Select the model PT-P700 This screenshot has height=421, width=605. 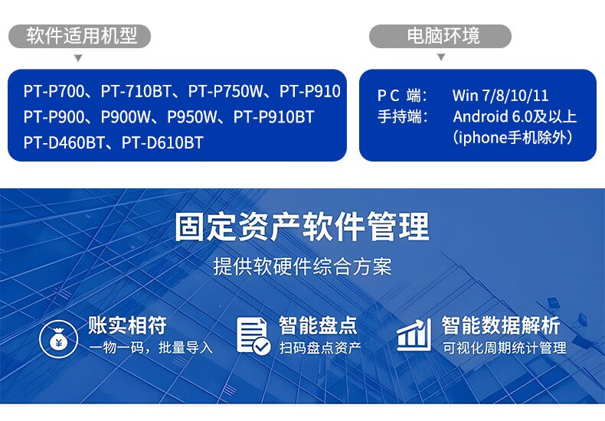point(52,92)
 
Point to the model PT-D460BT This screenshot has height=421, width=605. point(65,142)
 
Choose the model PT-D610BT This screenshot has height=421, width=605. point(162,142)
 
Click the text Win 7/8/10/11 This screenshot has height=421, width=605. point(500,96)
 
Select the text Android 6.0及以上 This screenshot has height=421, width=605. point(514,116)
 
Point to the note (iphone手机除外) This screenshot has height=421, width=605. point(513,138)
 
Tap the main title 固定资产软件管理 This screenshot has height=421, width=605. point(302,227)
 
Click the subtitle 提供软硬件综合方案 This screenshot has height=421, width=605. point(302,266)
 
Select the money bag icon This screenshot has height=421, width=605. point(58,337)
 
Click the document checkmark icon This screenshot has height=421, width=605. point(253,336)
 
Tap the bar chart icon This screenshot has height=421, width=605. point(414,336)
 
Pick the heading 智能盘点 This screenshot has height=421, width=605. point(319,325)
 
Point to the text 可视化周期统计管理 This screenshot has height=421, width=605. point(505,348)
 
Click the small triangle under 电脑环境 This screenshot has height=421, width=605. point(440,57)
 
